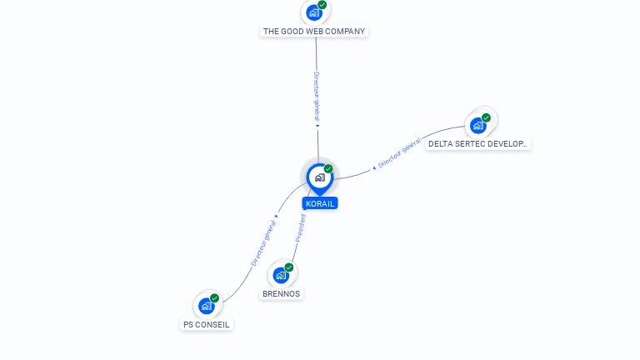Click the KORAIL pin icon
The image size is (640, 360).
tap(320, 178)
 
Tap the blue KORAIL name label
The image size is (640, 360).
tap(320, 203)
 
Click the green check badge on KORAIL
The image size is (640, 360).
tap(328, 168)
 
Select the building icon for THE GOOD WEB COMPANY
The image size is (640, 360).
tap(314, 12)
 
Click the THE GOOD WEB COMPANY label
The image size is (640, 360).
tap(314, 32)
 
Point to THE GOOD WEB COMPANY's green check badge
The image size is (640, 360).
tap(322, 5)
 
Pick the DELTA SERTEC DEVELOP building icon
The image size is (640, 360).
tap(478, 125)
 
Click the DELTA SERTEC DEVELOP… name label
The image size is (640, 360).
tap(477, 144)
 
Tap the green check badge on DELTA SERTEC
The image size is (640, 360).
tap(486, 117)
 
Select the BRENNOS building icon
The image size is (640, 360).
tap(281, 275)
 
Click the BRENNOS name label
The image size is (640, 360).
tap(281, 294)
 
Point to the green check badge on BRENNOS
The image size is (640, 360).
tap(289, 267)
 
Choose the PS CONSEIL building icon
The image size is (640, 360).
tap(206, 306)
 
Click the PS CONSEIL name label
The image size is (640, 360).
tap(206, 324)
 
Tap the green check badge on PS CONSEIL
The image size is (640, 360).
tap(214, 298)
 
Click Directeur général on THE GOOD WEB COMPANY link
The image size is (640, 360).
tap(317, 97)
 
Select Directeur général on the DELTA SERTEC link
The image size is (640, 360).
tap(399, 153)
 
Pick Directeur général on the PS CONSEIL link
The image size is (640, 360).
tap(263, 243)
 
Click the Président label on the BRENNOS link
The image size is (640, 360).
tap(300, 228)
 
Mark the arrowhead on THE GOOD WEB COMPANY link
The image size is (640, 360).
tap(317, 126)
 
